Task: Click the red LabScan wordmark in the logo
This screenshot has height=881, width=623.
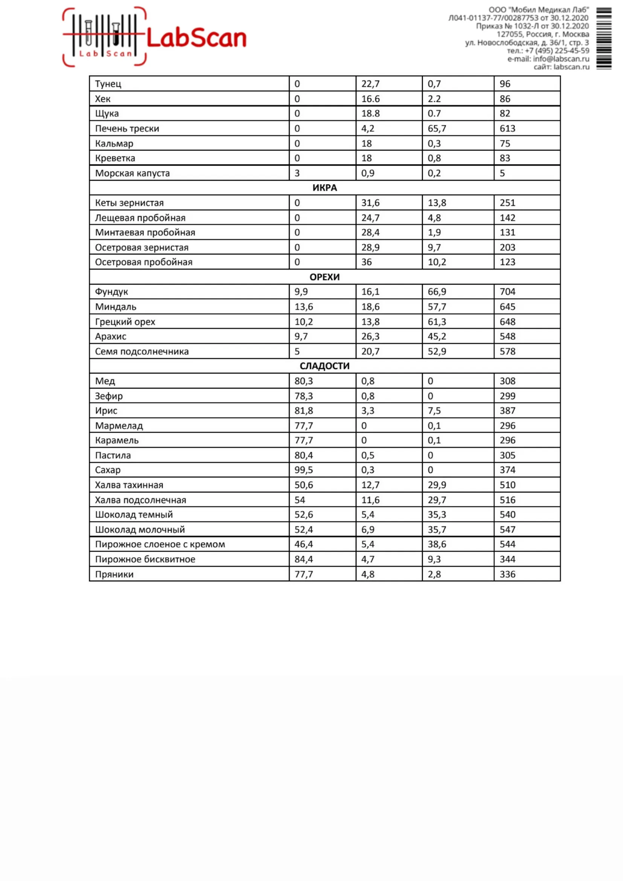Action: click(196, 38)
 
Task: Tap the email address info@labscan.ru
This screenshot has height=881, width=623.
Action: click(561, 59)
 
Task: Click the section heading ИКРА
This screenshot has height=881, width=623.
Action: click(324, 187)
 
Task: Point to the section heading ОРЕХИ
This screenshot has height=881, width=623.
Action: click(324, 277)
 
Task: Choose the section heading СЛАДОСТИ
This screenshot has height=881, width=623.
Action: click(324, 366)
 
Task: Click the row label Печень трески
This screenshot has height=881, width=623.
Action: click(127, 128)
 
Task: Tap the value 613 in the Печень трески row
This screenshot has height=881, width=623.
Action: click(507, 128)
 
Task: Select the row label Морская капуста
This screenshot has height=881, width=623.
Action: click(133, 173)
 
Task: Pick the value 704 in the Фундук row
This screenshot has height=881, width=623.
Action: click(507, 292)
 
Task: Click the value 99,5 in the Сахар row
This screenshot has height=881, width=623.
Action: click(303, 469)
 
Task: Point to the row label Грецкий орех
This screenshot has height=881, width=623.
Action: click(125, 322)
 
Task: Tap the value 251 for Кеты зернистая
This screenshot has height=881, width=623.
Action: click(507, 203)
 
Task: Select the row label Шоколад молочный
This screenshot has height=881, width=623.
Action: click(140, 529)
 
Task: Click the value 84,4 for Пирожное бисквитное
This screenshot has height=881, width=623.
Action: click(303, 559)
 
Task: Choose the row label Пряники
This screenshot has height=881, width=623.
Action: click(114, 574)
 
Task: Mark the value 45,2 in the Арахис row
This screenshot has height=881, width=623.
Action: click(437, 336)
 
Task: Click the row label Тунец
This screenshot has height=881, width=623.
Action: click(108, 84)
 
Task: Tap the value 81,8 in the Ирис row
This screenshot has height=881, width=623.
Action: click(303, 411)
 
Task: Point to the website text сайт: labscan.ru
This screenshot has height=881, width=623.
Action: click(561, 67)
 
